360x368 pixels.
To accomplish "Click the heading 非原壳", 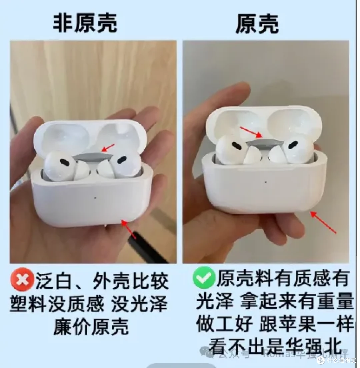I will click(x=85, y=23).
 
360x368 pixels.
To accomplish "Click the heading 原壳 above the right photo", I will click(x=257, y=24).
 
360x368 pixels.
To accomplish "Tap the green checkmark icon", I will click(x=204, y=277).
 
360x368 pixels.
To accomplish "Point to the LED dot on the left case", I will click(x=96, y=197).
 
